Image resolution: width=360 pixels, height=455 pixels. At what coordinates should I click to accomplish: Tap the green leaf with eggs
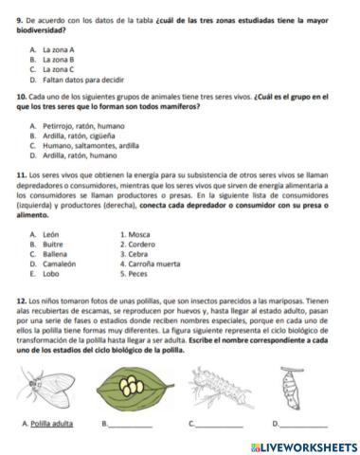click(x=130, y=384)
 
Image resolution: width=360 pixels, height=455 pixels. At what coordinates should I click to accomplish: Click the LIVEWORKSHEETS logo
click(x=303, y=446)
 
